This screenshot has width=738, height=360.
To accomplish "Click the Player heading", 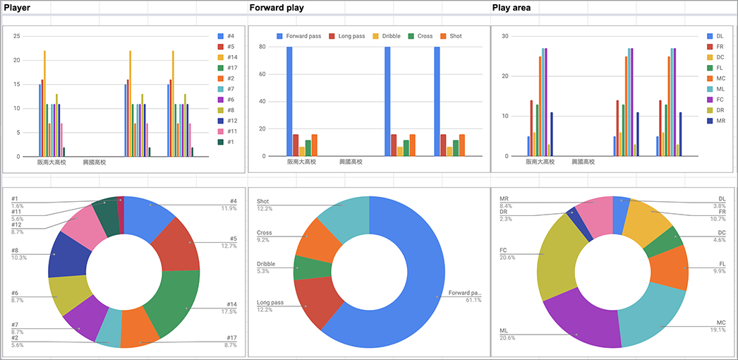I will click(x=17, y=8).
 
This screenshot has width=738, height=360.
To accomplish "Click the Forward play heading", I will click(x=275, y=8).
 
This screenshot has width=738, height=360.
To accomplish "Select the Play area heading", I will click(x=511, y=8).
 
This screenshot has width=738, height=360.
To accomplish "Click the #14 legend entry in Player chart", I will click(x=231, y=57).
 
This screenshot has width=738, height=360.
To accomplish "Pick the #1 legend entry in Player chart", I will click(x=230, y=142).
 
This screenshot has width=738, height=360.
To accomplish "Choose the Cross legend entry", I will click(x=424, y=36).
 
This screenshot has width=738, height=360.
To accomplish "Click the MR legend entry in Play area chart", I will click(x=720, y=121).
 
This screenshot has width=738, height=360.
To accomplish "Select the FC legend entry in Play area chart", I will click(x=720, y=100).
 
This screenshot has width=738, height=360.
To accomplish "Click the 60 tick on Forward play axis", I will click(x=262, y=74).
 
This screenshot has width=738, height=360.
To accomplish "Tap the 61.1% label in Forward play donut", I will click(x=473, y=300).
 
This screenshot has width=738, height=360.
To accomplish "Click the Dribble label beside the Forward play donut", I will click(x=267, y=264).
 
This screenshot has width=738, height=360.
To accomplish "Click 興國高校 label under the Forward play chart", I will click(x=351, y=162).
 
